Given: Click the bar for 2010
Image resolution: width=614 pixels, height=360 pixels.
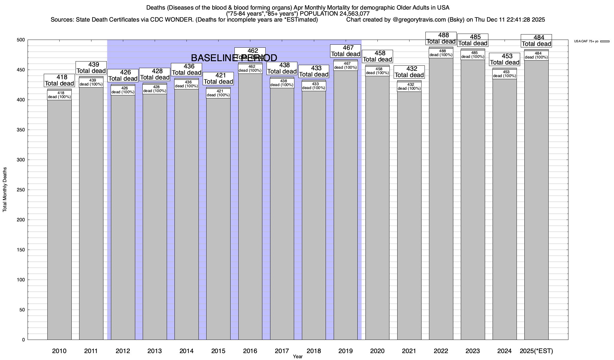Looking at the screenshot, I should click(x=59, y=219).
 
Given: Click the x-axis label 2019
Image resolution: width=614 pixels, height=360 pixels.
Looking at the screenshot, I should click(x=345, y=351).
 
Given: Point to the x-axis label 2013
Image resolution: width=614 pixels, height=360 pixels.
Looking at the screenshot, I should click(x=155, y=351).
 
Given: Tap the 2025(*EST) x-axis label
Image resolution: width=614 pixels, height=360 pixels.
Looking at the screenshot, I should click(x=536, y=351).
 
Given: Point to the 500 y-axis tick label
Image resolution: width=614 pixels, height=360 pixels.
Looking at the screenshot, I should click(x=21, y=40).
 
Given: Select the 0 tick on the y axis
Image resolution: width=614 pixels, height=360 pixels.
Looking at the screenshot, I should click(x=23, y=340).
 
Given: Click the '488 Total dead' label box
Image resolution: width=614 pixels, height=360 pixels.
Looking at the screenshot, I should click(x=441, y=38).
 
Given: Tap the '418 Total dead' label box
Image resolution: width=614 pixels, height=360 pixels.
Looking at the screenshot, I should click(x=59, y=80).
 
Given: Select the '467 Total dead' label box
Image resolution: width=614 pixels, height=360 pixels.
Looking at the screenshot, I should click(x=345, y=51).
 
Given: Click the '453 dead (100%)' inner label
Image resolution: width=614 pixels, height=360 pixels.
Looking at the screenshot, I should click(x=505, y=74).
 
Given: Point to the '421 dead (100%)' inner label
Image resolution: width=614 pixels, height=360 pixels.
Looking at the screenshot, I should click(x=218, y=93).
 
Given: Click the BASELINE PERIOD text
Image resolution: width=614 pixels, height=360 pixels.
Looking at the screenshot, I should click(x=234, y=58).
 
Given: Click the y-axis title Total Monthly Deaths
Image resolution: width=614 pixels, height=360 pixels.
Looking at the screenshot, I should click(x=5, y=190).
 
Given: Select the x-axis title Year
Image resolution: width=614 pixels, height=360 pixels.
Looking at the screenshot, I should click(x=298, y=357).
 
